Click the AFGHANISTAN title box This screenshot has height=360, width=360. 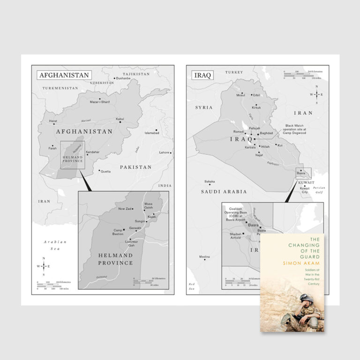[64, 75]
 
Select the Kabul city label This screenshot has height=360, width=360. [120, 119]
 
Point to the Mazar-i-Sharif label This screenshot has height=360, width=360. [100, 102]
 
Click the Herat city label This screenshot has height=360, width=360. [53, 121]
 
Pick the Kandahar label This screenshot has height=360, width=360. [93, 152]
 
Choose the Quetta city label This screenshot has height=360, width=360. [105, 172]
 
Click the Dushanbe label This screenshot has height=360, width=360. [123, 78]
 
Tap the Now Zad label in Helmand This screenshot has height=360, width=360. [125, 209]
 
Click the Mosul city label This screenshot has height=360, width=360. [240, 95]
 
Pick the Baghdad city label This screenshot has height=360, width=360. [266, 134]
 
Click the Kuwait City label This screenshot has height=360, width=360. [304, 190]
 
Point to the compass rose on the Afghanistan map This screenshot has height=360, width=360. [44, 266]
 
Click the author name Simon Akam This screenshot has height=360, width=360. [292, 263]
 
